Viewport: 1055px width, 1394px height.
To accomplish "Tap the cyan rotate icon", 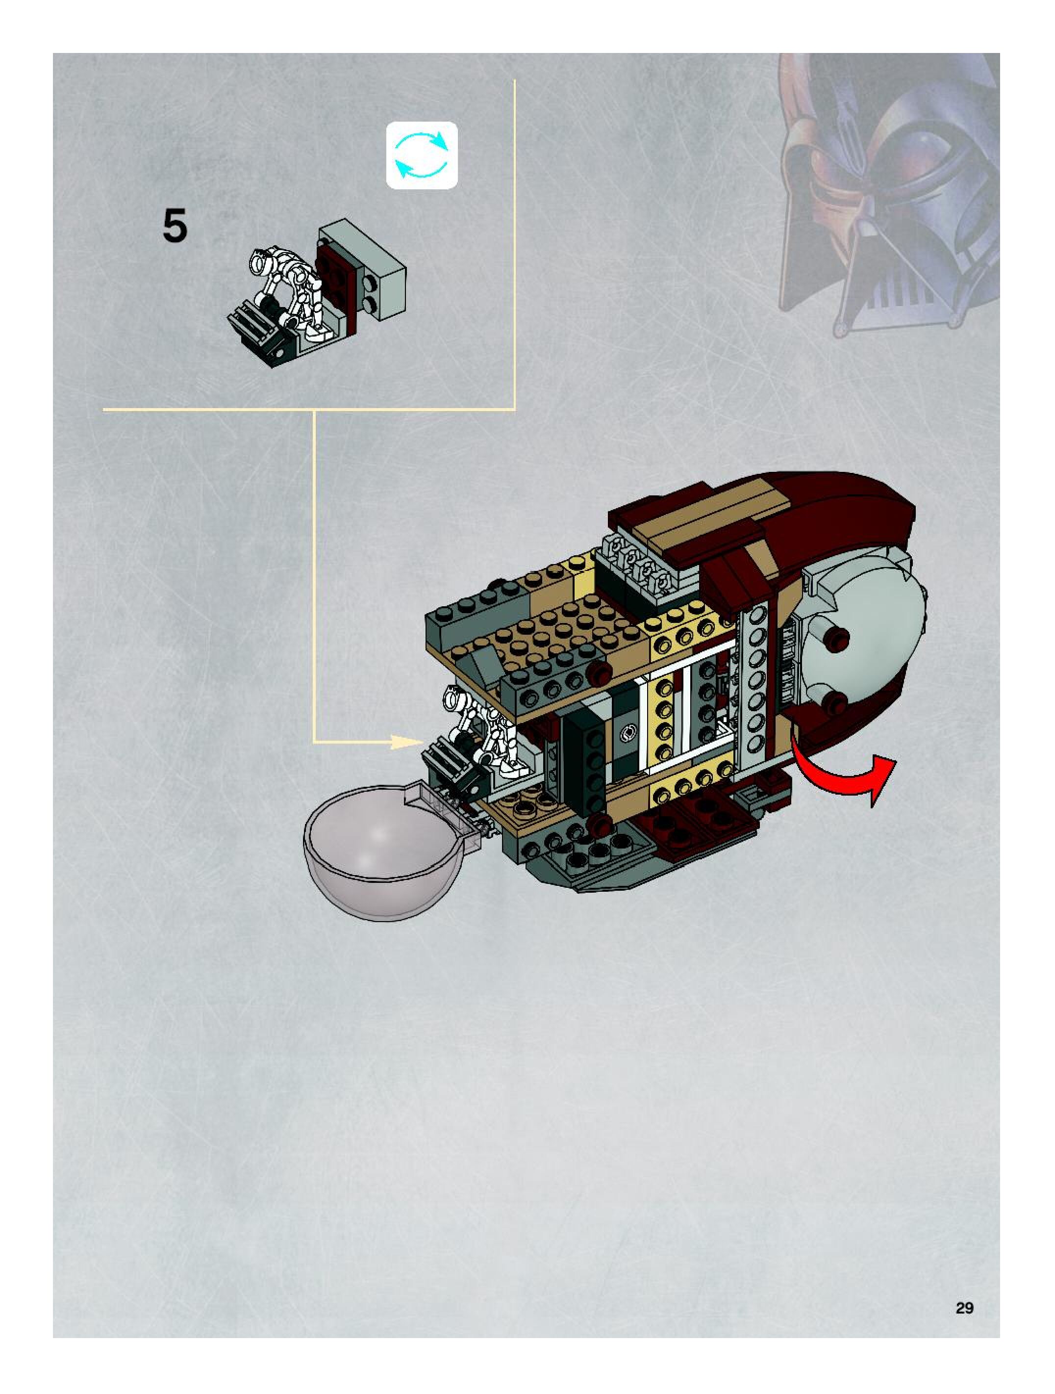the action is [x=422, y=155].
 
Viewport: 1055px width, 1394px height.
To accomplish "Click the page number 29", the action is [x=964, y=1308].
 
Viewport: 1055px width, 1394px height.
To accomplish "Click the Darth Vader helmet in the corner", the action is [x=888, y=189].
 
